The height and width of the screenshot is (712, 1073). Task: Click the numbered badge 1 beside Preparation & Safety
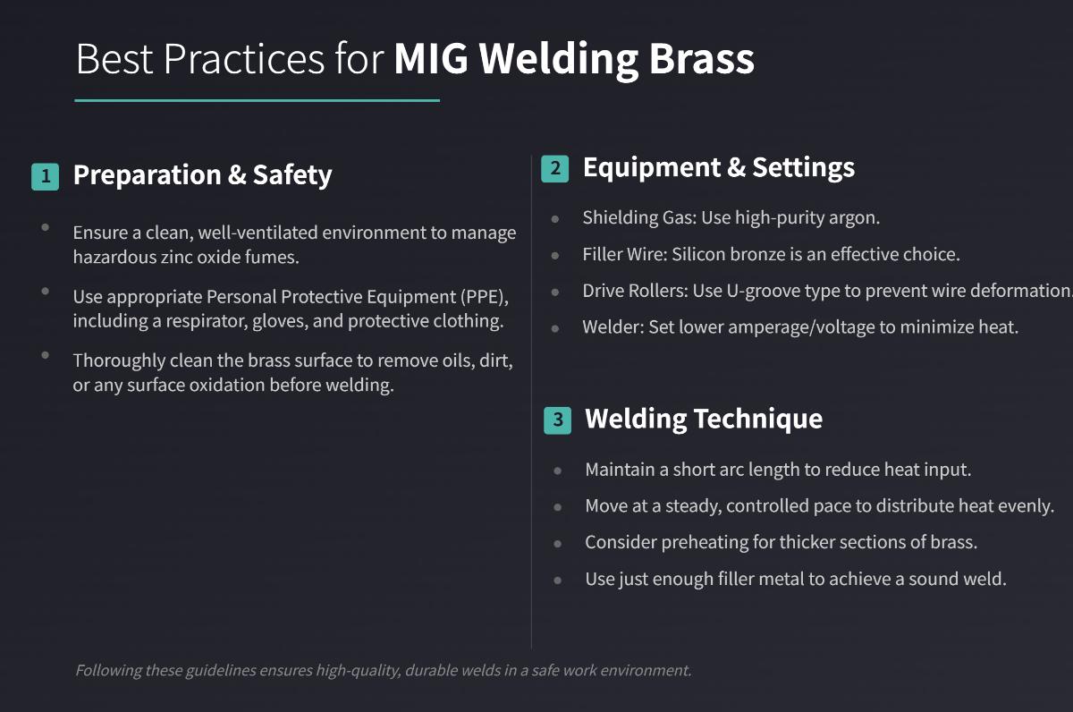tap(45, 176)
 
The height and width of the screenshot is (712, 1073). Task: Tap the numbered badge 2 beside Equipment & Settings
tap(554, 168)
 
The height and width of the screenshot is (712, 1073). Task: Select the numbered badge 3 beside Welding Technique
tap(557, 420)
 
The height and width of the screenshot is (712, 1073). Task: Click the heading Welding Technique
tap(703, 419)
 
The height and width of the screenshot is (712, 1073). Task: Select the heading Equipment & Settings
tap(718, 167)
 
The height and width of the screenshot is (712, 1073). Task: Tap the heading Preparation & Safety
tap(202, 175)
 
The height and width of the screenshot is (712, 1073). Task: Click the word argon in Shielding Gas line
tap(857, 217)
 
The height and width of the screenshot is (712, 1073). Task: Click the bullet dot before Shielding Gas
tap(555, 218)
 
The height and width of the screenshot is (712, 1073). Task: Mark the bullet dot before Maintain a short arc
tap(558, 470)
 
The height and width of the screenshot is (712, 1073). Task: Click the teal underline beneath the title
tap(257, 100)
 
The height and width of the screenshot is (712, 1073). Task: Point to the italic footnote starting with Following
tap(383, 670)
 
